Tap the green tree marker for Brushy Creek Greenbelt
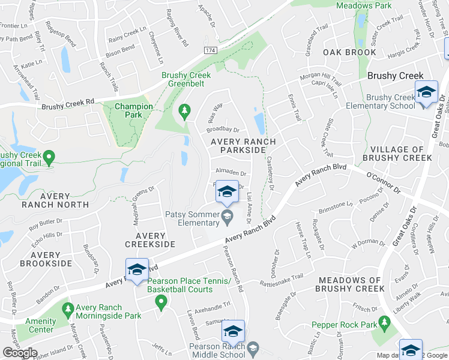[185, 111]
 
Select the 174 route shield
[209, 50]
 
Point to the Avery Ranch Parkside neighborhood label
[243, 146]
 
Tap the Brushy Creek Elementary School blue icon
[426, 93]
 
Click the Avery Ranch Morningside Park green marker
[66, 311]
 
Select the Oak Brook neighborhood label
[349, 52]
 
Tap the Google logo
[20, 353]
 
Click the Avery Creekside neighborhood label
[150, 240]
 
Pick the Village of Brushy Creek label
[397, 154]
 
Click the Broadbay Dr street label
[222, 129]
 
